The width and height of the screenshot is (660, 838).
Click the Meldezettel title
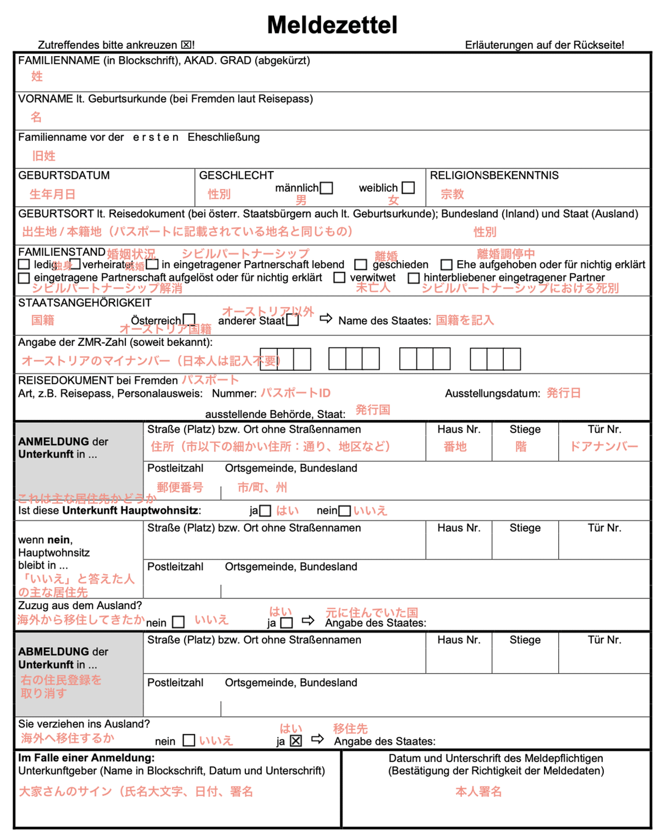pyautogui.click(x=332, y=25)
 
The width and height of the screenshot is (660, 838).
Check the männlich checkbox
pyautogui.click(x=327, y=188)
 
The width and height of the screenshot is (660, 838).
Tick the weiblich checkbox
pyautogui.click(x=408, y=188)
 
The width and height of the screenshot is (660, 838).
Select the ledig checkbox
pyautogui.click(x=24, y=264)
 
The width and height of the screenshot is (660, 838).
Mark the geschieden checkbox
pyautogui.click(x=360, y=265)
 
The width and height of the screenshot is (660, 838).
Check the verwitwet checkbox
pyautogui.click(x=340, y=278)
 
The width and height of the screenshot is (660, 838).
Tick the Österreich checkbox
pyautogui.click(x=189, y=319)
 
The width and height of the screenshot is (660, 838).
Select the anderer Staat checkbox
pyautogui.click(x=293, y=320)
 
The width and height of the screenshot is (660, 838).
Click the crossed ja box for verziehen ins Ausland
pyautogui.click(x=296, y=741)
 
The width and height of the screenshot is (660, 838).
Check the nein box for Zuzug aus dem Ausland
pyautogui.click(x=178, y=622)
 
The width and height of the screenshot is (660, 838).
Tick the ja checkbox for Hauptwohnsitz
pyautogui.click(x=265, y=511)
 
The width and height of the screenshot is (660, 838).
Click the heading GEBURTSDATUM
pyautogui.click(x=64, y=175)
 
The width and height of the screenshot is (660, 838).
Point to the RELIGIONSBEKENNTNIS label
pyautogui.click(x=494, y=175)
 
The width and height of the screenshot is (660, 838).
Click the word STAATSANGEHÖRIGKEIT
pyautogui.click(x=85, y=303)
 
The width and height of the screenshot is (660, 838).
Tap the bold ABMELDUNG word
pyautogui.click(x=54, y=652)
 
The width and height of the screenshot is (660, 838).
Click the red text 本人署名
pyautogui.click(x=479, y=791)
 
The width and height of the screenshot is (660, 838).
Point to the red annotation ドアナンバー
pyautogui.click(x=604, y=446)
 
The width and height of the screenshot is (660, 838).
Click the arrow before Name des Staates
pyautogui.click(x=326, y=319)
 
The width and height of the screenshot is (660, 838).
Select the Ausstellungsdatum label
pyautogui.click(x=492, y=393)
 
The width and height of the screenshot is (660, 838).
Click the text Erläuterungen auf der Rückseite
pyautogui.click(x=544, y=45)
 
